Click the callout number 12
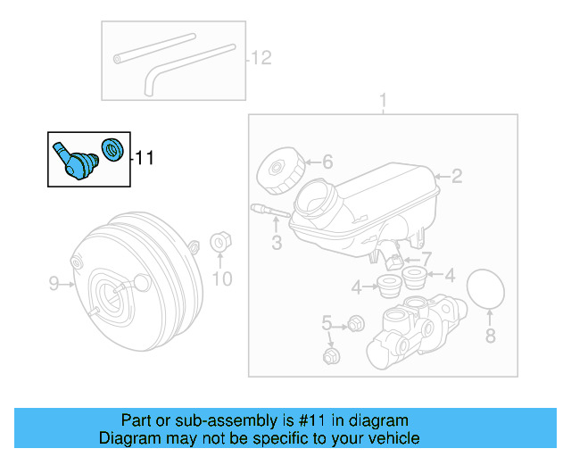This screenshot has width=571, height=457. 260,59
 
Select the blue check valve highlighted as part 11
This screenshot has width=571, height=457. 72,160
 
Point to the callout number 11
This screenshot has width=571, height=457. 145,158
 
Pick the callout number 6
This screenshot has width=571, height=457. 327,162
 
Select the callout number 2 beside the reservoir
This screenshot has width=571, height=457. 456,176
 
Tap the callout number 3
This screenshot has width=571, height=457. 277,242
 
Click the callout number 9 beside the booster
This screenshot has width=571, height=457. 54,284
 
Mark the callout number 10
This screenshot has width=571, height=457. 221,279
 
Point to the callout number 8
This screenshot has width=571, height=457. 489,336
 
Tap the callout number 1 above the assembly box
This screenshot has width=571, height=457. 384,100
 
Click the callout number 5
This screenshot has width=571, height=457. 327,322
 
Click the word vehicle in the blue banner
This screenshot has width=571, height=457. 393,438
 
